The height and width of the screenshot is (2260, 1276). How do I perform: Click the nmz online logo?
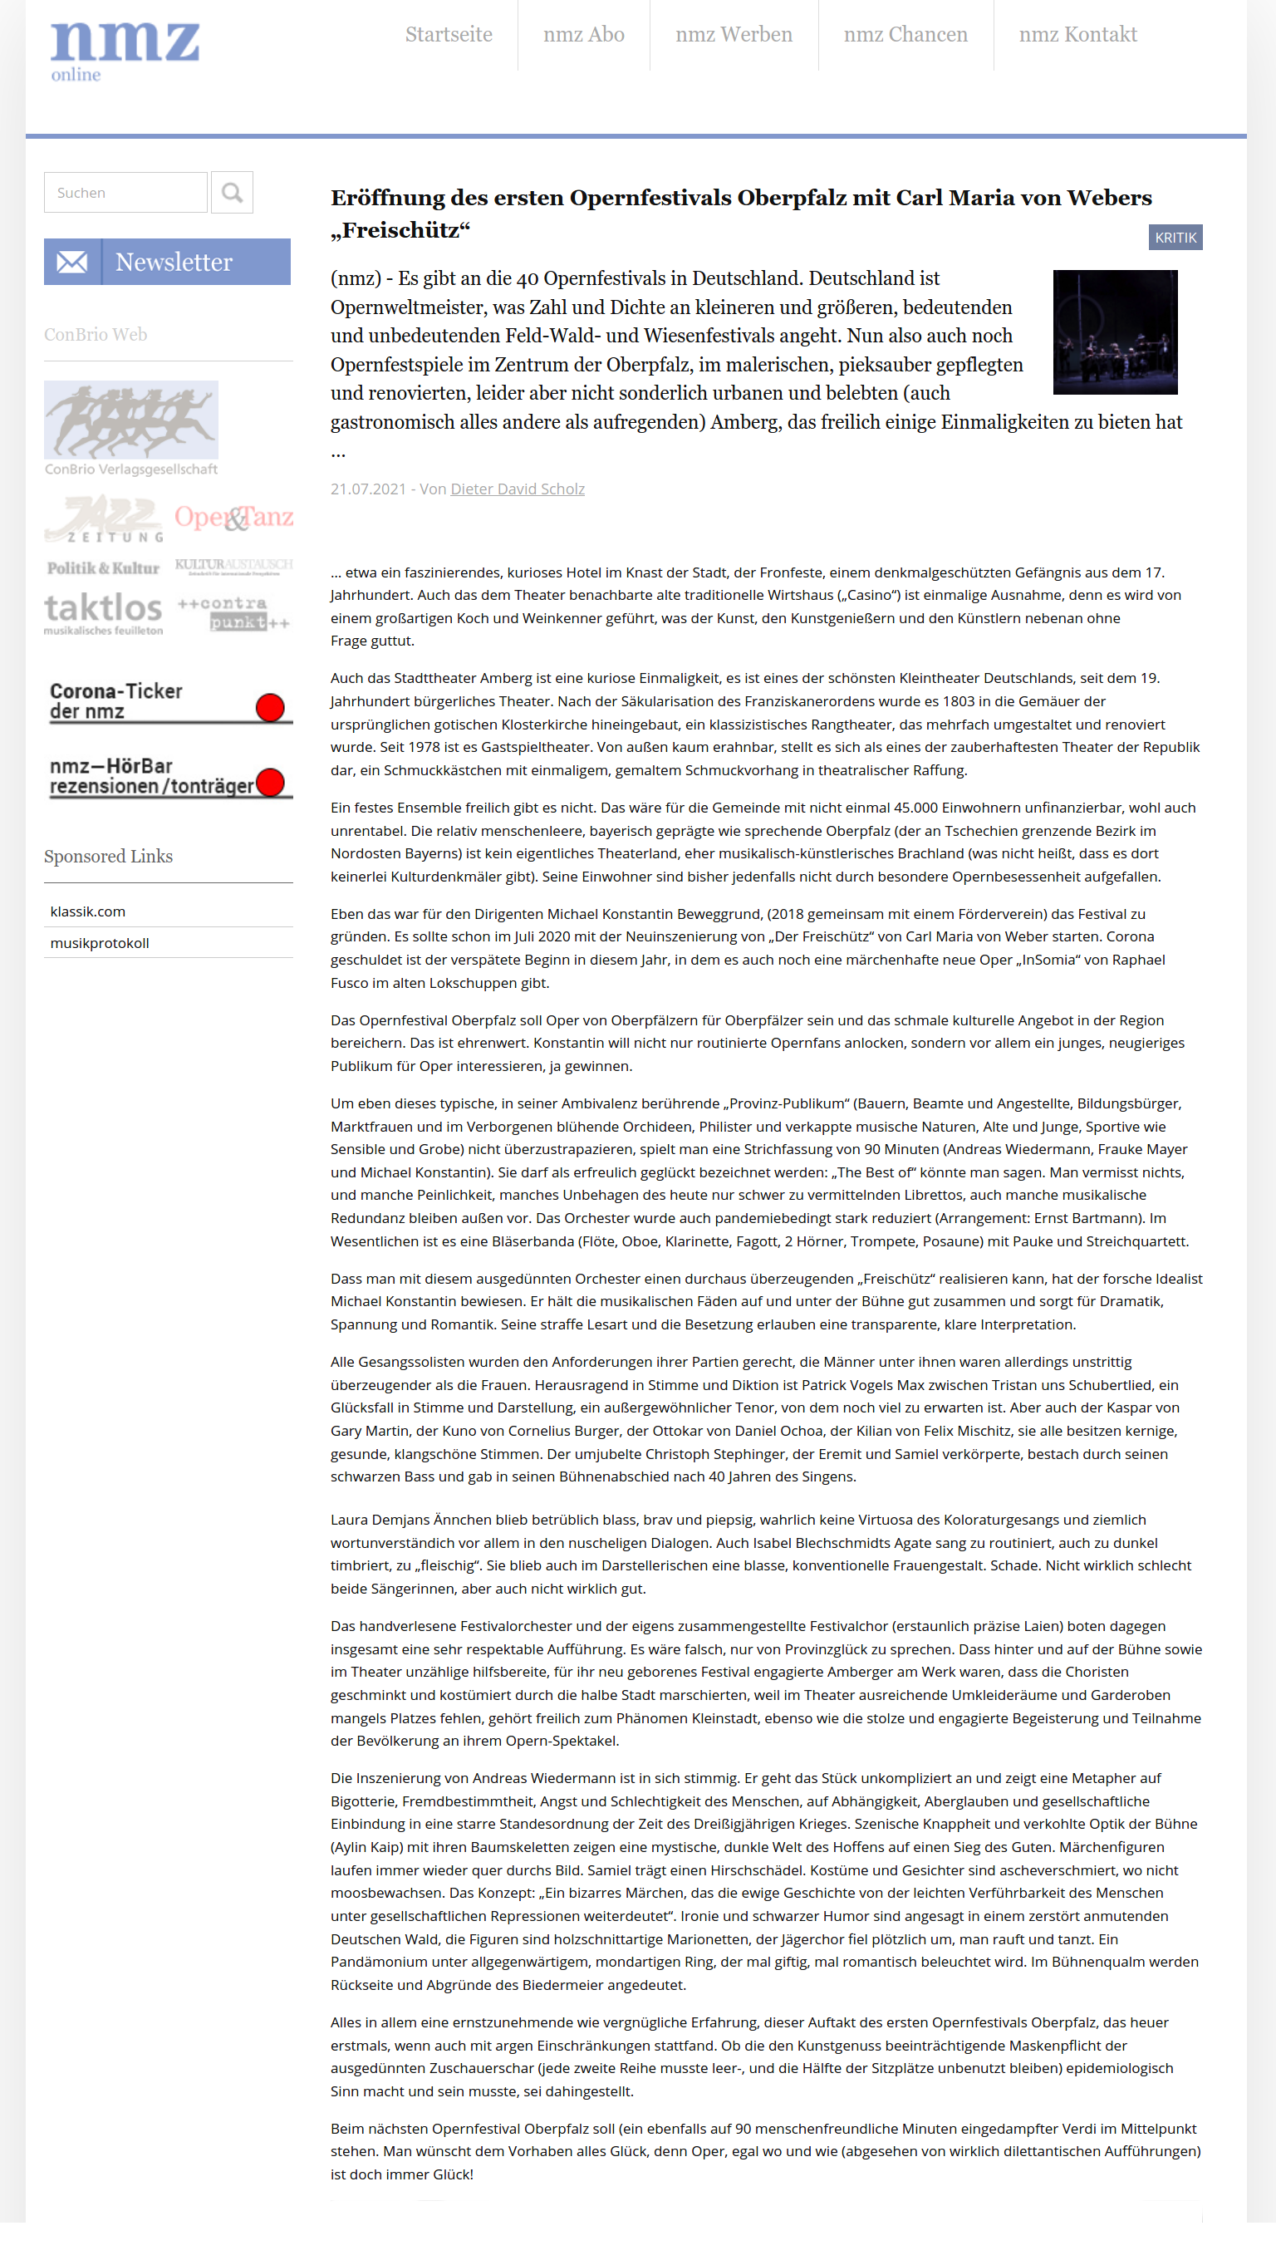[125, 51]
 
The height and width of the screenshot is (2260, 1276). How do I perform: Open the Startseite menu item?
[448, 35]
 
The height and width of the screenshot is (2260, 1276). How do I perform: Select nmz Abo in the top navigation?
[583, 35]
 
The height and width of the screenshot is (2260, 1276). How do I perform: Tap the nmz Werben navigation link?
[734, 35]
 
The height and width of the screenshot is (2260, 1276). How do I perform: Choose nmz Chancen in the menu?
[905, 35]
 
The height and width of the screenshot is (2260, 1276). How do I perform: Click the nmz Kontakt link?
[1077, 35]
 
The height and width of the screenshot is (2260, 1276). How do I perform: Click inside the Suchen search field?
[125, 192]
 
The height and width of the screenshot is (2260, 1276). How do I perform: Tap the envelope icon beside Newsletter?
[73, 262]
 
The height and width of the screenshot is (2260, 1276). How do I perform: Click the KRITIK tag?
[1175, 238]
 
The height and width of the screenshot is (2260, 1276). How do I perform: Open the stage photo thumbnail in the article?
[1114, 332]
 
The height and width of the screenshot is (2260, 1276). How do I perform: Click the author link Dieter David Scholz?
[518, 489]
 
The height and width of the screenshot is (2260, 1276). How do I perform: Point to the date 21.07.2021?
[368, 489]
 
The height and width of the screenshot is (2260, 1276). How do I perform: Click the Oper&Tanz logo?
[233, 518]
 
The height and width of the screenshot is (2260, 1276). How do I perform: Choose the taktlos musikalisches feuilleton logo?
[104, 612]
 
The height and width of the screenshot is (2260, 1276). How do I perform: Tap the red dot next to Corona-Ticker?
[270, 707]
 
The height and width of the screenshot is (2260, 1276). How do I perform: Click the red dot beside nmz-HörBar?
[270, 782]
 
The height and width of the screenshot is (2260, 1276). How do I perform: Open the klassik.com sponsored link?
[88, 911]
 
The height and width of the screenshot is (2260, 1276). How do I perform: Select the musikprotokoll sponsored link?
[100, 943]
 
